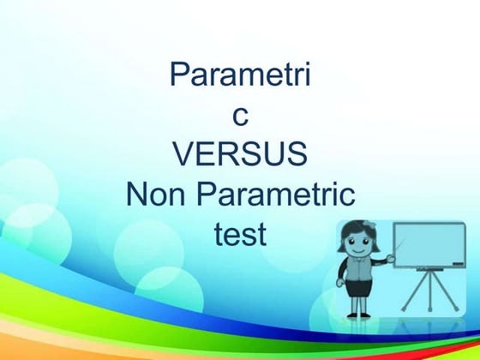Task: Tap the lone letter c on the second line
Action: pyautogui.click(x=240, y=114)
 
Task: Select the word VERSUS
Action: pyautogui.click(x=240, y=155)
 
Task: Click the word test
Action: pyautogui.click(x=240, y=233)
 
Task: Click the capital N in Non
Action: pyautogui.click(x=137, y=195)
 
